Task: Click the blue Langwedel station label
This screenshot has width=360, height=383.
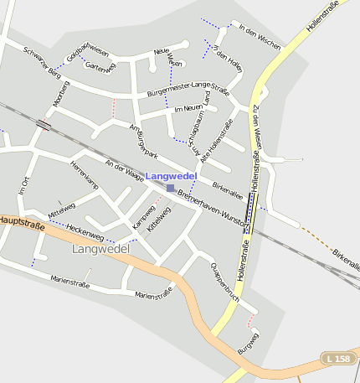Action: coord(172,176)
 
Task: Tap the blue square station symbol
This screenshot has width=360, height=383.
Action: coord(171,188)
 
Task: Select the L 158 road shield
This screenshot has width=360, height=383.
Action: coord(338,359)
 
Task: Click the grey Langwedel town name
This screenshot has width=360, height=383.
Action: coord(100,249)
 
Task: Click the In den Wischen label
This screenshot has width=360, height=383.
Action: coord(260,34)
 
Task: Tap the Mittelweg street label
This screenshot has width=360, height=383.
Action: coord(62,210)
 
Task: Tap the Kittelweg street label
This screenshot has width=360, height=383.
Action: coord(159,217)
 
